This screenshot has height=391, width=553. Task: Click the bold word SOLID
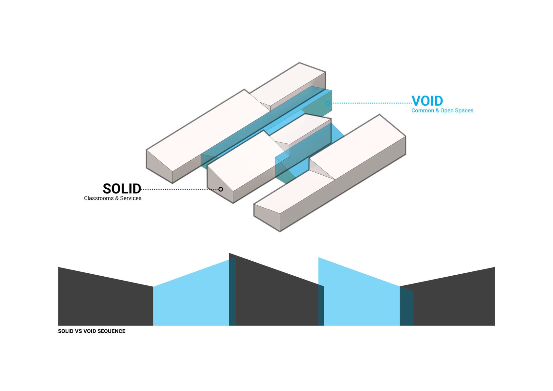click(122, 189)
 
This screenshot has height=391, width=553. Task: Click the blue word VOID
click(427, 101)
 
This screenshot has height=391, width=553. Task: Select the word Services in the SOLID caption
click(130, 198)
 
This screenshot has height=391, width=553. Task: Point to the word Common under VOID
click(423, 110)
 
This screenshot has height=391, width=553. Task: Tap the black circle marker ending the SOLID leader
click(221, 189)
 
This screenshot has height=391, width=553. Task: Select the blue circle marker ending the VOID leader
click(328, 103)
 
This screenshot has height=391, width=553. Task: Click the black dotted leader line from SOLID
click(179, 189)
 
